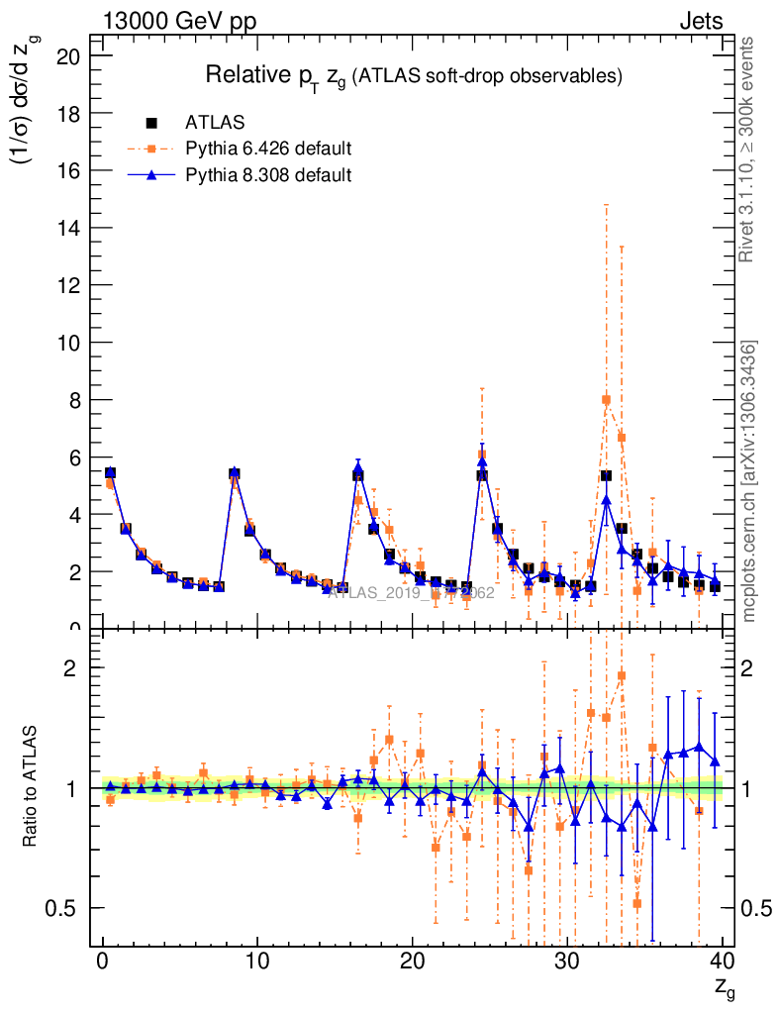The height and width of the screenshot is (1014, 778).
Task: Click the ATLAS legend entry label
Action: [x=215, y=123]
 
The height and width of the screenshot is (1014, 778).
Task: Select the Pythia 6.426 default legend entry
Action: [x=268, y=150]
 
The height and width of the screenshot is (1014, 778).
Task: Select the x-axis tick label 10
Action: [x=257, y=962]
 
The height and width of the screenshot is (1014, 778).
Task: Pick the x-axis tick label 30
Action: [x=567, y=962]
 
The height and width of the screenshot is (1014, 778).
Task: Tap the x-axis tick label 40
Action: [x=722, y=962]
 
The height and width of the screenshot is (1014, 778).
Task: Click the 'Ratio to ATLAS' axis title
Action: [x=32, y=786]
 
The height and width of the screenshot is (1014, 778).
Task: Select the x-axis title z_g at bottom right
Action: [x=724, y=987]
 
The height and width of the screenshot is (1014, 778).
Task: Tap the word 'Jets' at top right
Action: [x=700, y=22]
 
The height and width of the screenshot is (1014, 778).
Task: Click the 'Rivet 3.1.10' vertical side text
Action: [x=749, y=149]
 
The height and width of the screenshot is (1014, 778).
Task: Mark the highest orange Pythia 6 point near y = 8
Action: [x=606, y=400]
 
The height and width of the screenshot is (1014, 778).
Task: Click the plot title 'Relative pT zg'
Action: [x=413, y=76]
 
